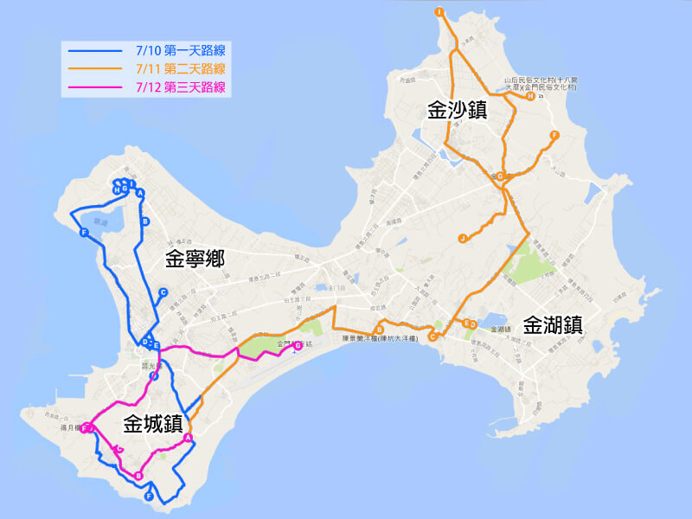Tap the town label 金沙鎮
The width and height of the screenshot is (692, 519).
pyautogui.click(x=457, y=110)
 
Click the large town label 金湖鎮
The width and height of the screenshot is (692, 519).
pyautogui.click(x=554, y=326)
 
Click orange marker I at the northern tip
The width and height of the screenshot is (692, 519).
pyautogui.click(x=439, y=12)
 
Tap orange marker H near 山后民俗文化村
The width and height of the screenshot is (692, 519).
pyautogui.click(x=530, y=96)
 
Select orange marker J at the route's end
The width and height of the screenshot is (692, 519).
pyautogui.click(x=463, y=238)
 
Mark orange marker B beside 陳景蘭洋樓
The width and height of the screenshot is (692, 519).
pyautogui.click(x=380, y=330)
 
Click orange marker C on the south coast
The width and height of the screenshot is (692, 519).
pyautogui.click(x=432, y=337)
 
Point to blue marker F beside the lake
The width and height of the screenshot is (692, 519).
pyautogui.click(x=84, y=234)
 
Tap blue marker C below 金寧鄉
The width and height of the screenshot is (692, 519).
pyautogui.click(x=163, y=293)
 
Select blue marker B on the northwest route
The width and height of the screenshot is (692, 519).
pyautogui.click(x=146, y=221)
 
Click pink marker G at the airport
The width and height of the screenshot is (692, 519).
pyautogui.click(x=298, y=346)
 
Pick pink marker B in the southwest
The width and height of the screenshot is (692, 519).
pyautogui.click(x=139, y=475)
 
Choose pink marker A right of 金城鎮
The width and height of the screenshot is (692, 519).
pyautogui.click(x=189, y=439)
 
